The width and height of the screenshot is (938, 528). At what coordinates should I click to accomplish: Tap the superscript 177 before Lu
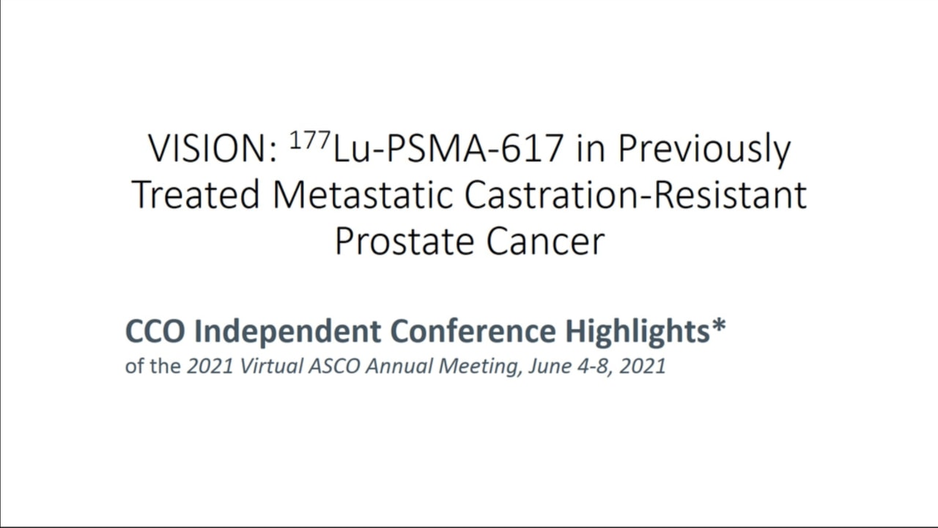pos(310,140)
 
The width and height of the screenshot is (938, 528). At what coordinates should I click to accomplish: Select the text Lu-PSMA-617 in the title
pos(447,149)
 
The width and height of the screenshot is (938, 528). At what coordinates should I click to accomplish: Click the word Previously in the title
pos(704,150)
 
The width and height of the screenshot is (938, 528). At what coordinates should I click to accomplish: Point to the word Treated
pos(196,195)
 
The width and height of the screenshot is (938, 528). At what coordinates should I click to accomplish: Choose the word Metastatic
pos(363,195)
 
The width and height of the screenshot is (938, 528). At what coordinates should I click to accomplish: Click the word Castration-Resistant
pos(635,195)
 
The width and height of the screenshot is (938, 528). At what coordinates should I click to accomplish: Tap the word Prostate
pos(404,242)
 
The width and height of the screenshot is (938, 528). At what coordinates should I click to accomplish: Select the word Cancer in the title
pos(545,242)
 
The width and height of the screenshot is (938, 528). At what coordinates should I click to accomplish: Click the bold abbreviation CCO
pos(155,331)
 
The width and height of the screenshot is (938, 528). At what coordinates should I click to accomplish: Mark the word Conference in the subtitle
pos(473,331)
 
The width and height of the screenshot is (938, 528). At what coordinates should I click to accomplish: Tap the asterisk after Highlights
pos(718,326)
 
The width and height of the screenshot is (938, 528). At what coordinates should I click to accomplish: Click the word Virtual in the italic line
pos(271,366)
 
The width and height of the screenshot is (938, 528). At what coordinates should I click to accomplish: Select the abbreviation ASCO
pos(334,366)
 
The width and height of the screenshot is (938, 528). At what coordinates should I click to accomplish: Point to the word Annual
pos(399,366)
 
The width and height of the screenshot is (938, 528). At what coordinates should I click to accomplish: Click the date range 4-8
pos(593,366)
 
